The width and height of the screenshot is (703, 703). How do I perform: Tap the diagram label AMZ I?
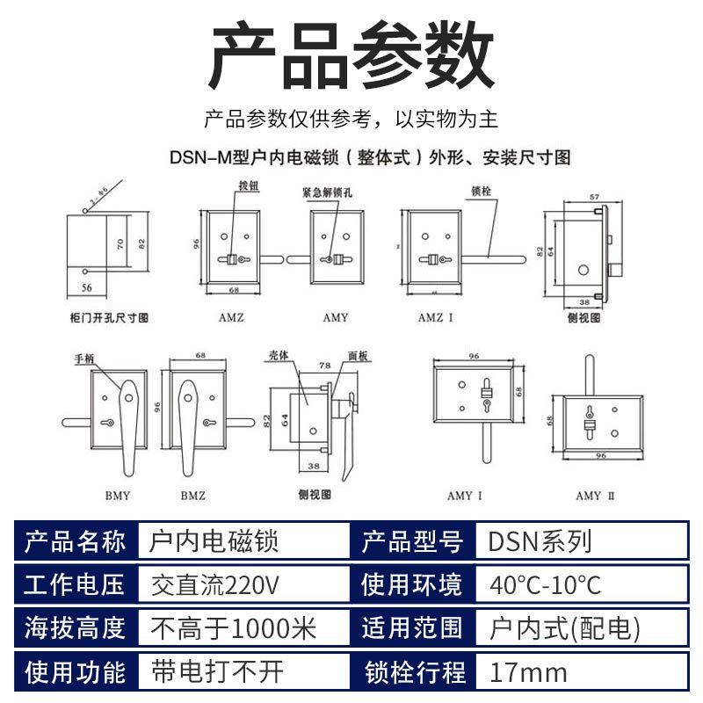pyautogui.click(x=435, y=317)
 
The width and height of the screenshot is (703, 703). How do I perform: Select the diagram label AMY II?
pyautogui.click(x=595, y=496)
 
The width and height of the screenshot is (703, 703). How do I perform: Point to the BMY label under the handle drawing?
pyautogui.click(x=117, y=496)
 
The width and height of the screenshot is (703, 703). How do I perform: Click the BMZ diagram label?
pyautogui.click(x=193, y=496)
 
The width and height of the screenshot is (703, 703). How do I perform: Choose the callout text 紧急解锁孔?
pyautogui.click(x=326, y=191)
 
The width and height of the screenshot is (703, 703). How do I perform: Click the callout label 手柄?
pyautogui.click(x=84, y=359)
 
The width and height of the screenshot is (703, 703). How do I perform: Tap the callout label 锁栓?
pyautogui.click(x=481, y=189)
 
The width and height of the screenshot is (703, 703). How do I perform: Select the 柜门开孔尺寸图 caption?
pyautogui.click(x=108, y=317)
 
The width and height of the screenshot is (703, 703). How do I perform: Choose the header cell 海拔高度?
pyautogui.click(x=76, y=629)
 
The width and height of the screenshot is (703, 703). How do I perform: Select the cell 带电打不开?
pyautogui.click(x=218, y=674)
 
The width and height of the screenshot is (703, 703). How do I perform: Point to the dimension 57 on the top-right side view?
pyautogui.click(x=594, y=198)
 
